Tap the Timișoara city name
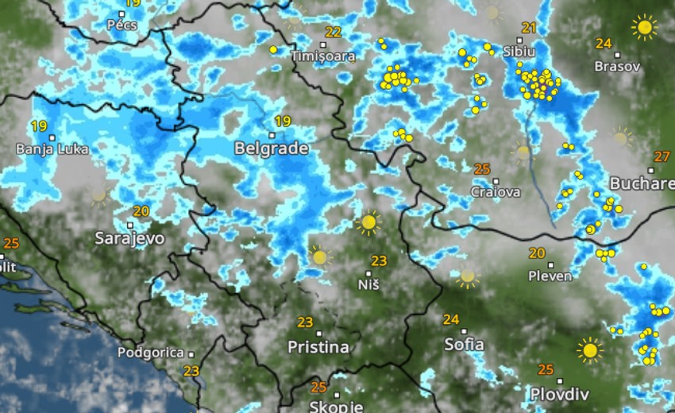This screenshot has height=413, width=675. point(322,56)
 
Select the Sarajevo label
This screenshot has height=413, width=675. point(129,237)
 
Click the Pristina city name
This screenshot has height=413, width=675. point(318,347)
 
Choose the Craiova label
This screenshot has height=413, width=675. point(496,192)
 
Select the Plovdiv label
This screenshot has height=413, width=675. point(560,394)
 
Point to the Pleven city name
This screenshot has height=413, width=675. point(550,276)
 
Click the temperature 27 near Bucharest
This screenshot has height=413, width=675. point(661,156)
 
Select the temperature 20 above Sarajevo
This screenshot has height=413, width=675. point(141,211)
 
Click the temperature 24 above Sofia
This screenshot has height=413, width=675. point(451,319)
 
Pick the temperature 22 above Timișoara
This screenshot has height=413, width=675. point(333,33)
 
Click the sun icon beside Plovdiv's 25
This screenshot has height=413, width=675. point(589,349)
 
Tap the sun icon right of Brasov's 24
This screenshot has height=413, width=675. point(644,28)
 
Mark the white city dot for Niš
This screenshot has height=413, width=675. point(368,273)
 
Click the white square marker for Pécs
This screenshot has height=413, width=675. point(122,14)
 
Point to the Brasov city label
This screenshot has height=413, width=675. point(617,67)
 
